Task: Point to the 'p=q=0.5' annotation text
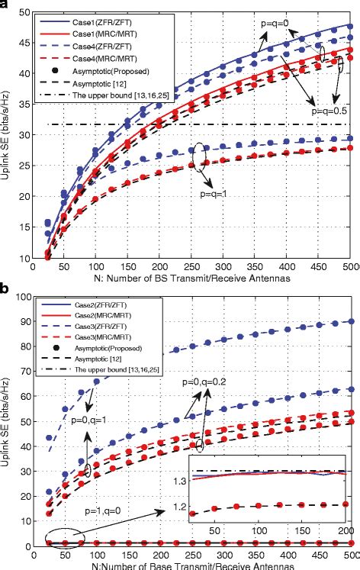(x=332, y=111)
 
